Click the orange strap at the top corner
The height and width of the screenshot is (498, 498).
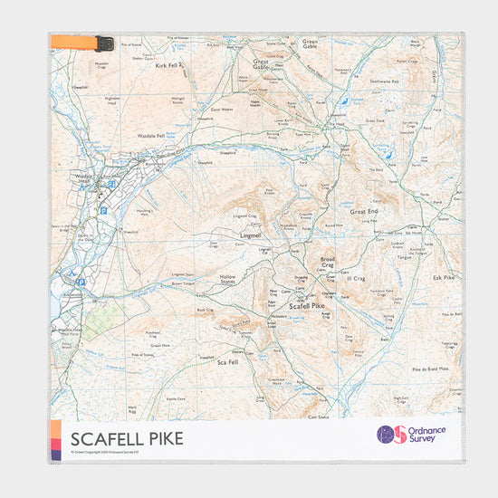(x=72, y=41)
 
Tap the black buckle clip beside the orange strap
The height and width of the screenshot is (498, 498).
(x=105, y=42)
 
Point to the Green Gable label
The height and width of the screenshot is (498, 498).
(x=310, y=43)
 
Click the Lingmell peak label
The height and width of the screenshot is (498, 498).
(x=249, y=235)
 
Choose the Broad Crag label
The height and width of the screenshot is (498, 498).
(x=327, y=263)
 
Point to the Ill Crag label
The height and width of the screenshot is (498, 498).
(x=354, y=279)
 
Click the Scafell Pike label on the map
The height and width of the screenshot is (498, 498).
(x=305, y=307)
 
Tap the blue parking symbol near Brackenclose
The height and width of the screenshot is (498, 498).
(x=81, y=282)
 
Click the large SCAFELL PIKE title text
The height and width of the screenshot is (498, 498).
(x=126, y=439)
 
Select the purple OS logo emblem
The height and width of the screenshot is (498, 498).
(x=392, y=435)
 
